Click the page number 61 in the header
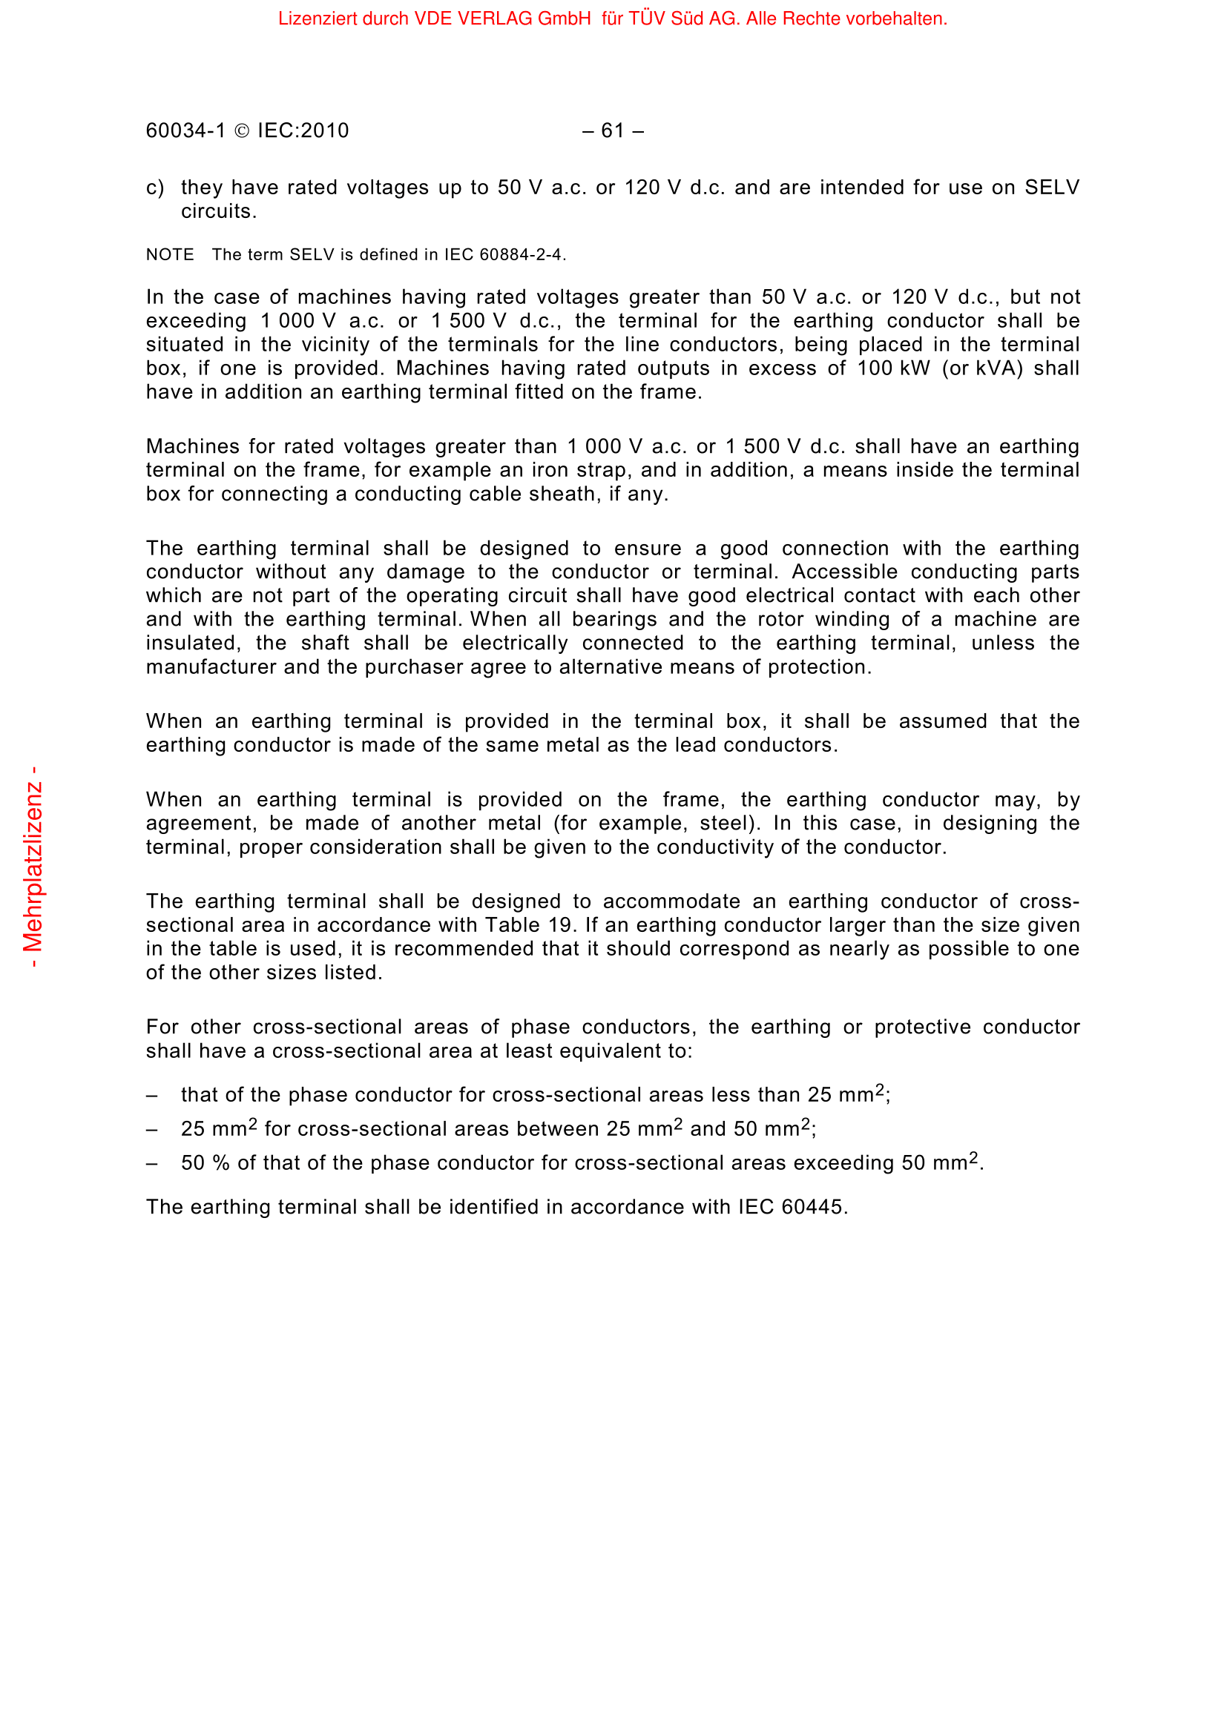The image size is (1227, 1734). coord(613,131)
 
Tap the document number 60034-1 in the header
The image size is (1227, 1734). coord(185,131)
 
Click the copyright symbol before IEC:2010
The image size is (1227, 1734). coord(242,131)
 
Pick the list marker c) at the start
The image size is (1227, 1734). coord(155,188)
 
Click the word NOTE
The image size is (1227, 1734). coord(170,255)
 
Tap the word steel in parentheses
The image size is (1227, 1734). coord(726,823)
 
